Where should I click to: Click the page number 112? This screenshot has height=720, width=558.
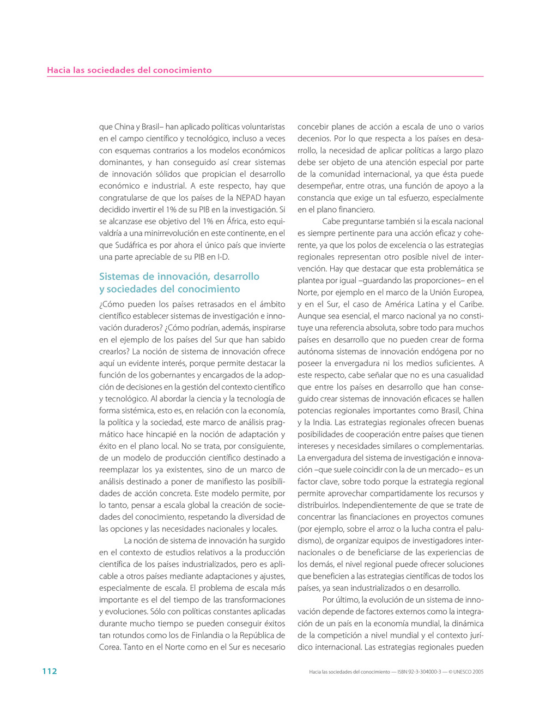click(x=50, y=671)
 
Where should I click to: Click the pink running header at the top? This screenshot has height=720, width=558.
click(x=129, y=70)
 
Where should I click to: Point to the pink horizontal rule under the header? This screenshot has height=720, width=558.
click(x=265, y=76)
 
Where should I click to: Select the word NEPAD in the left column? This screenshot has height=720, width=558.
click(x=249, y=198)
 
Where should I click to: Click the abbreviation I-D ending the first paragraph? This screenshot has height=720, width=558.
click(x=223, y=257)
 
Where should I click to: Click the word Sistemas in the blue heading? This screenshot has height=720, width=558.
click(x=119, y=277)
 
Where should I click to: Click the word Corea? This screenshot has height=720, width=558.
click(x=110, y=647)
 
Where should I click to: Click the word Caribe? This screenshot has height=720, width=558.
click(x=470, y=304)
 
